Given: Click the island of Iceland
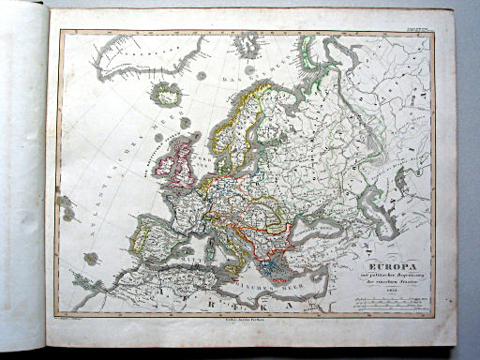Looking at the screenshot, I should tap(168, 93).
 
